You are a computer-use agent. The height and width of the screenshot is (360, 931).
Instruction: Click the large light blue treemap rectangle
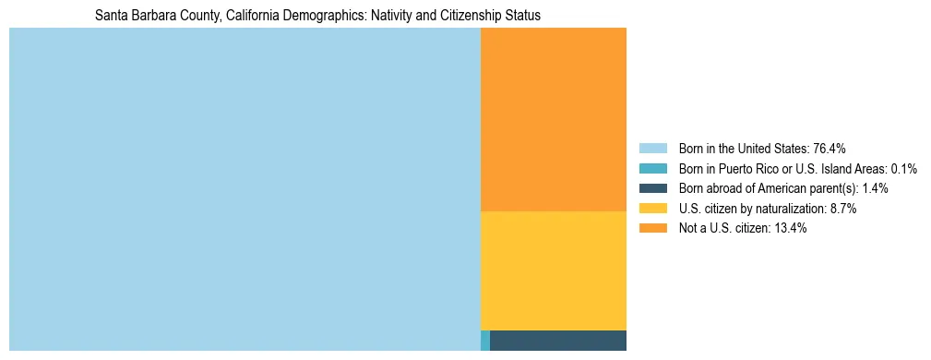point(245,189)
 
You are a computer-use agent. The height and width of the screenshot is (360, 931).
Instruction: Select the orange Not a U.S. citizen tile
point(554,119)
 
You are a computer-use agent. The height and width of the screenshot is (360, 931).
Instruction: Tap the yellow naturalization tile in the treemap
point(554,270)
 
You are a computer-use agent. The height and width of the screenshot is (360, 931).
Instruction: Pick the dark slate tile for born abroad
point(558,341)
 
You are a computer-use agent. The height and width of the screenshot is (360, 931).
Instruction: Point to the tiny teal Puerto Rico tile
point(485,341)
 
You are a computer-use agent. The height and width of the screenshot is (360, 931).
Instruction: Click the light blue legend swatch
point(653,149)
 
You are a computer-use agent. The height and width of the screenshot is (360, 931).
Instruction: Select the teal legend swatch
point(653,169)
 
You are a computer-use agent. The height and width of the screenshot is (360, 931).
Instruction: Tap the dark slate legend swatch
point(653,188)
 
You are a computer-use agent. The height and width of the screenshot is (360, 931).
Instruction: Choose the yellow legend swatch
point(653,209)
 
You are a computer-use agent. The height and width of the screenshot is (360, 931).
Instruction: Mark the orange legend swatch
point(653,229)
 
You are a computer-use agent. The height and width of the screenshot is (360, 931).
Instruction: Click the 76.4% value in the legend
point(830,149)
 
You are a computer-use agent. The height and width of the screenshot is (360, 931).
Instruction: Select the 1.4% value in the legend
point(875,188)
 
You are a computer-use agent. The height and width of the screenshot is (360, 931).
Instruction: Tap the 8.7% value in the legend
point(841,209)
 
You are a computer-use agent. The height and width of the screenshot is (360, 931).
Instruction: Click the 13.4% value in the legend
point(791,229)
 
